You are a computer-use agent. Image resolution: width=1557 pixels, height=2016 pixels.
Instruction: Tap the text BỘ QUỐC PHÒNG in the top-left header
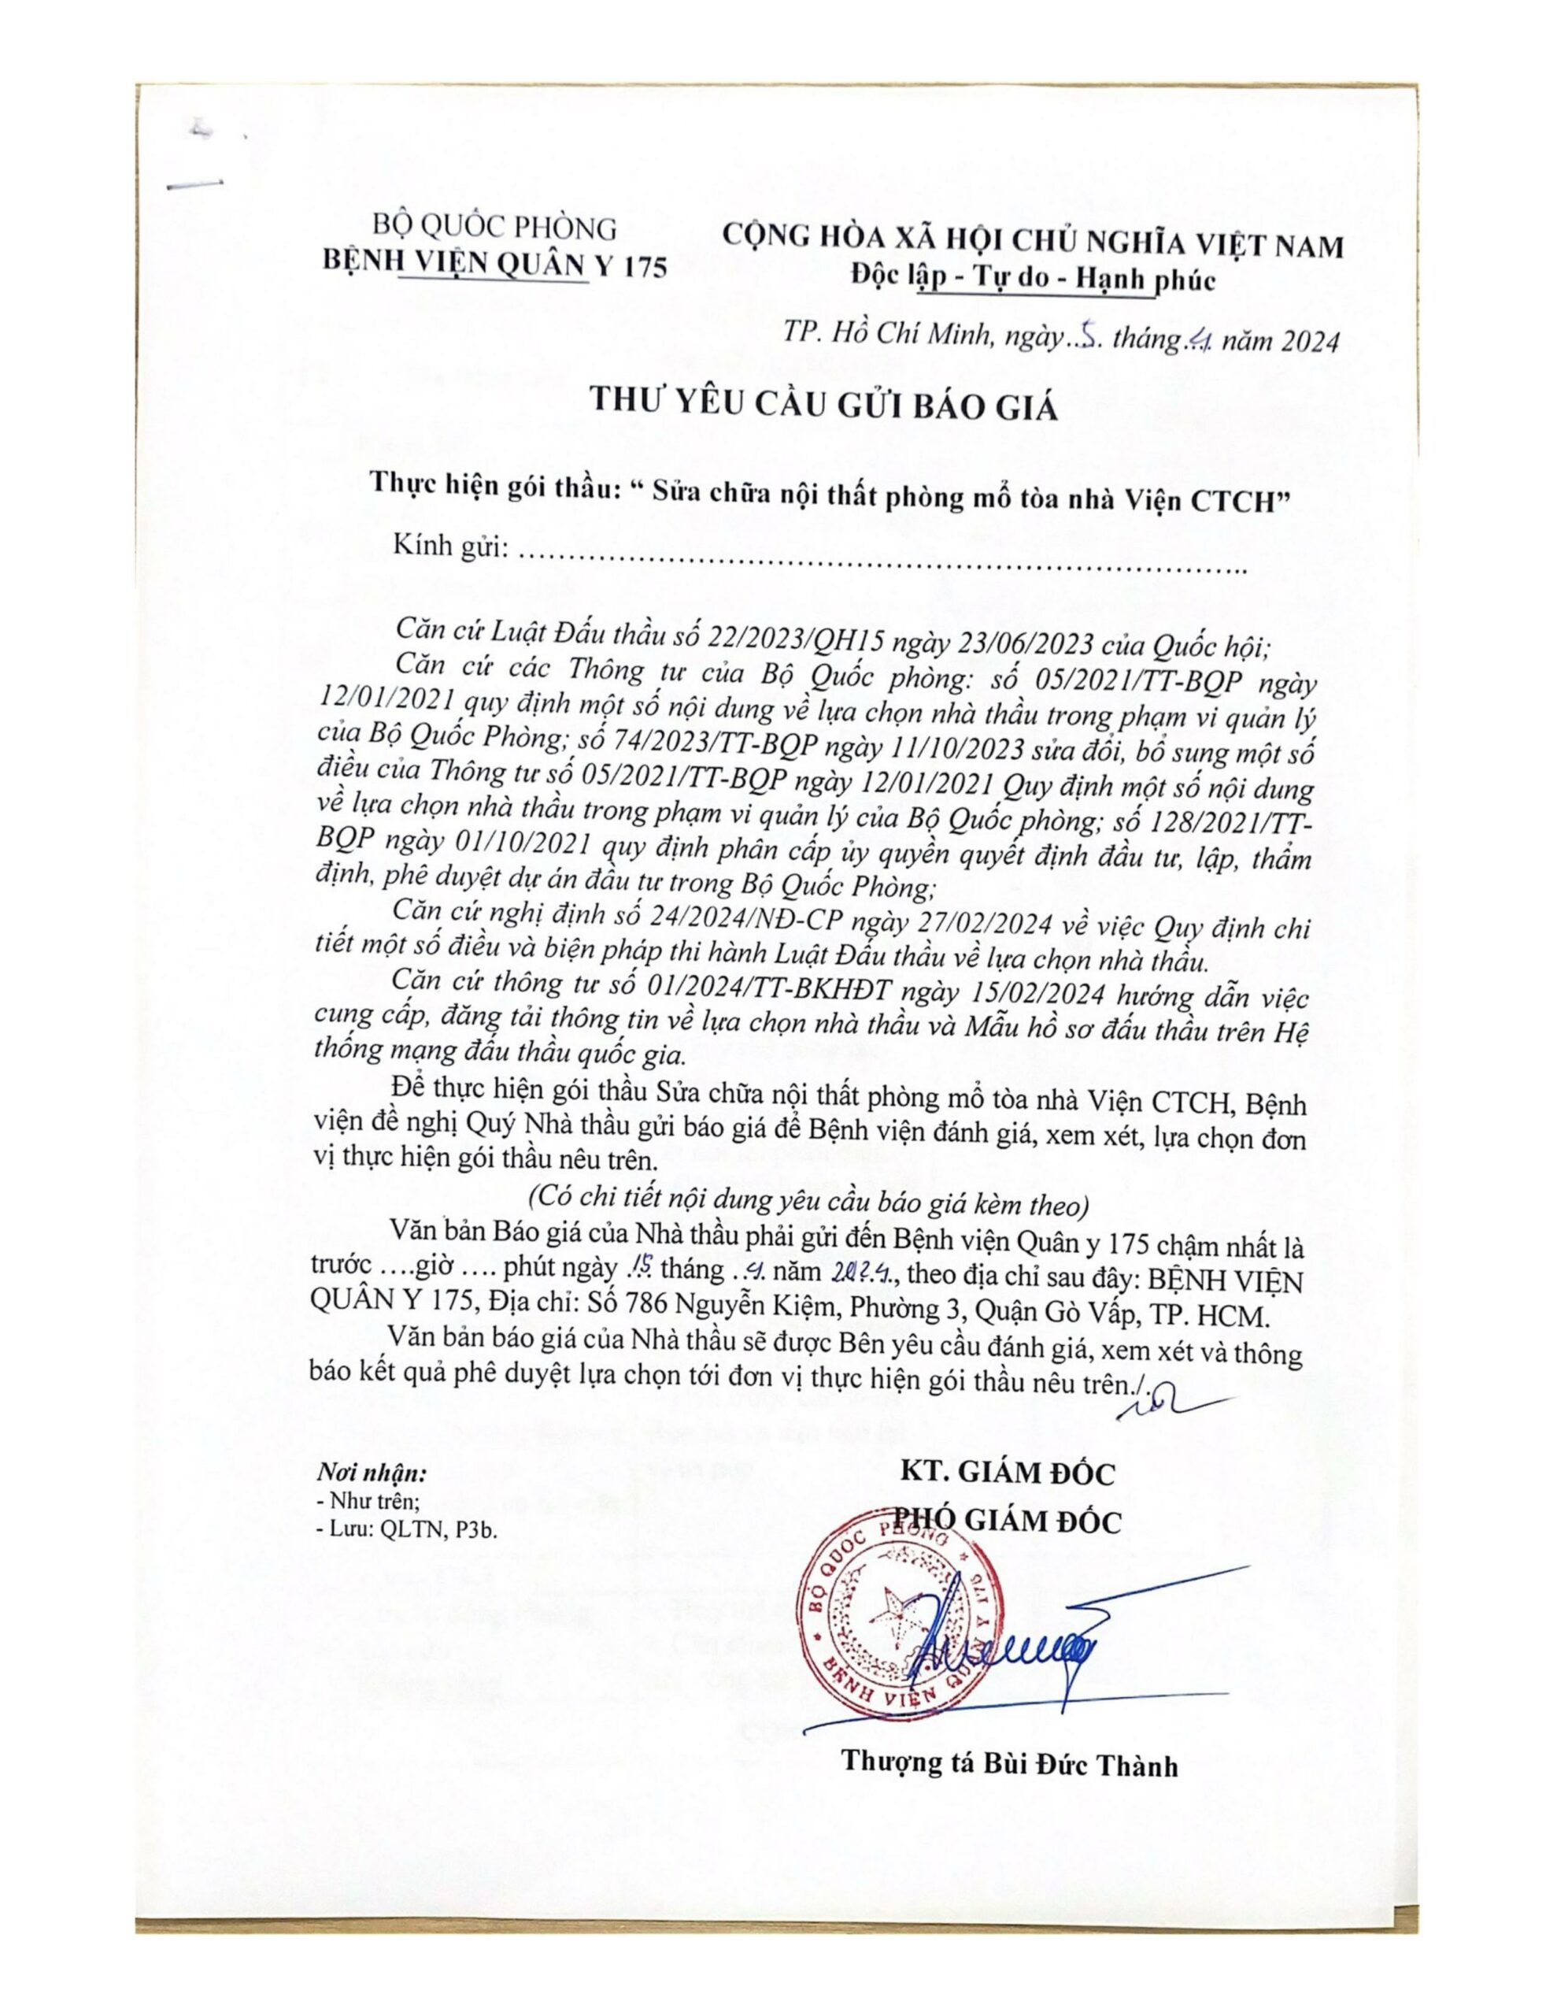point(494,227)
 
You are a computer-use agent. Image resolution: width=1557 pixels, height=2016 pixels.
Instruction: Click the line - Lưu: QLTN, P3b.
point(412,1529)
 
